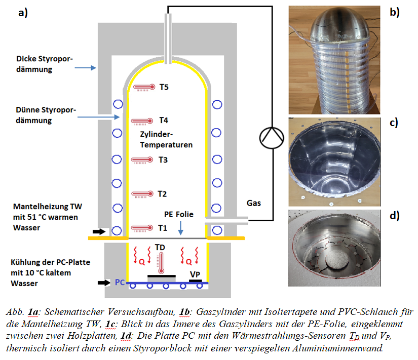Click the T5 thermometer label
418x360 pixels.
tap(164, 87)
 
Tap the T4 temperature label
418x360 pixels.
tap(163, 121)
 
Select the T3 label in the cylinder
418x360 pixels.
tap(163, 159)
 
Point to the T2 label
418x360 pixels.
tap(162, 194)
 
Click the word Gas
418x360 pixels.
tap(254, 203)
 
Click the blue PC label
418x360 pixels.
tap(120, 282)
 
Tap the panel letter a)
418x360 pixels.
tap(22, 14)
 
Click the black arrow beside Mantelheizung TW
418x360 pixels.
tap(100, 231)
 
